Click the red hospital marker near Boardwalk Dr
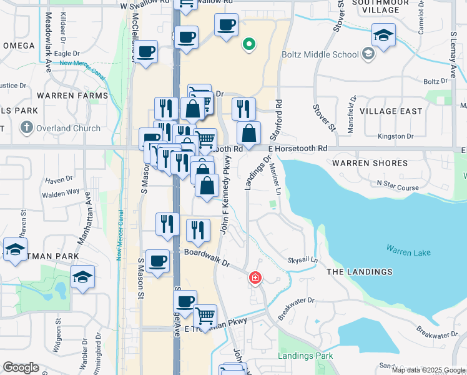255,277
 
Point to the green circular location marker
248,44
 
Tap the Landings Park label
307,356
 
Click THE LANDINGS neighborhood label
360,272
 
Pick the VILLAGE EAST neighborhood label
390,111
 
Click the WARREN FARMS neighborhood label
72,96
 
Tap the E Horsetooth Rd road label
298,149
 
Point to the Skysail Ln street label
302,260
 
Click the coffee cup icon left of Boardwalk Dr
158,261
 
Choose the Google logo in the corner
21,367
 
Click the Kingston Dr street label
396,136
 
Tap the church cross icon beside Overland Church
26,128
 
